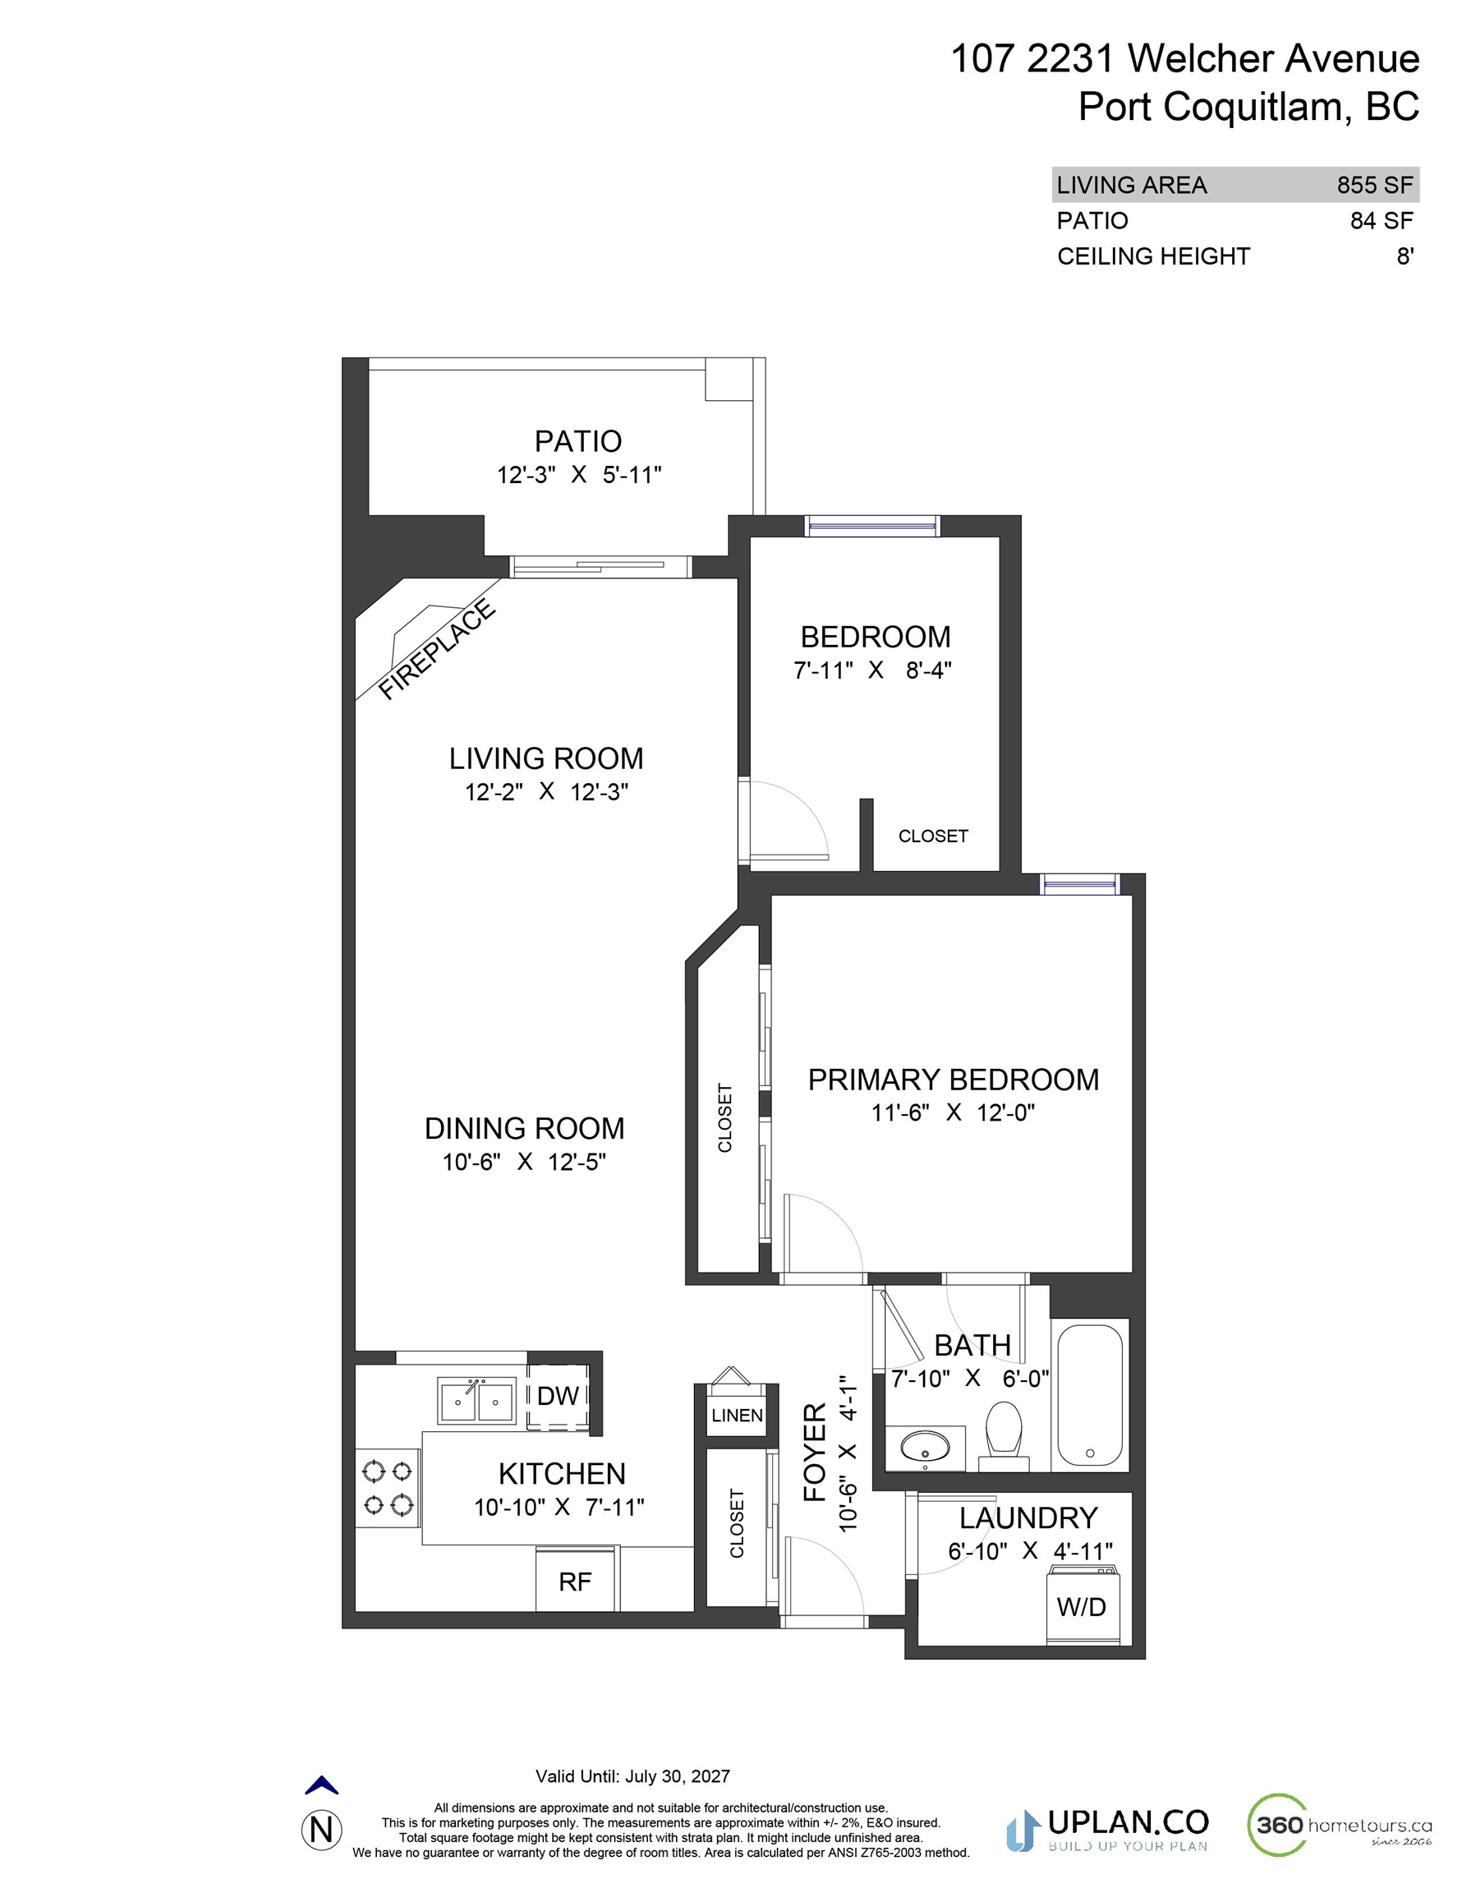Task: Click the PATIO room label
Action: click(x=578, y=441)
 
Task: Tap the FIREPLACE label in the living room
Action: click(x=438, y=649)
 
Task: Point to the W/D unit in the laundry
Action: click(x=1082, y=1606)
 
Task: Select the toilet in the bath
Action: click(x=1005, y=1438)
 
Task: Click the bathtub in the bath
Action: click(x=1090, y=1395)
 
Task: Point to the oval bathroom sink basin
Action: click(x=926, y=1447)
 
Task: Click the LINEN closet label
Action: click(x=738, y=1416)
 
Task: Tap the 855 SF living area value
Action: click(x=1374, y=185)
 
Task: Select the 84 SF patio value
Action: click(x=1382, y=221)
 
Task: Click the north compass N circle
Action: click(x=321, y=1829)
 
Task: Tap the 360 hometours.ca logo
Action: click(x=1339, y=1825)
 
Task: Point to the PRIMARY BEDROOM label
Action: click(x=954, y=1080)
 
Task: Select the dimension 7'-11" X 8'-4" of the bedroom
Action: click(x=873, y=670)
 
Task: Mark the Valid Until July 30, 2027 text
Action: click(x=632, y=1776)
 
